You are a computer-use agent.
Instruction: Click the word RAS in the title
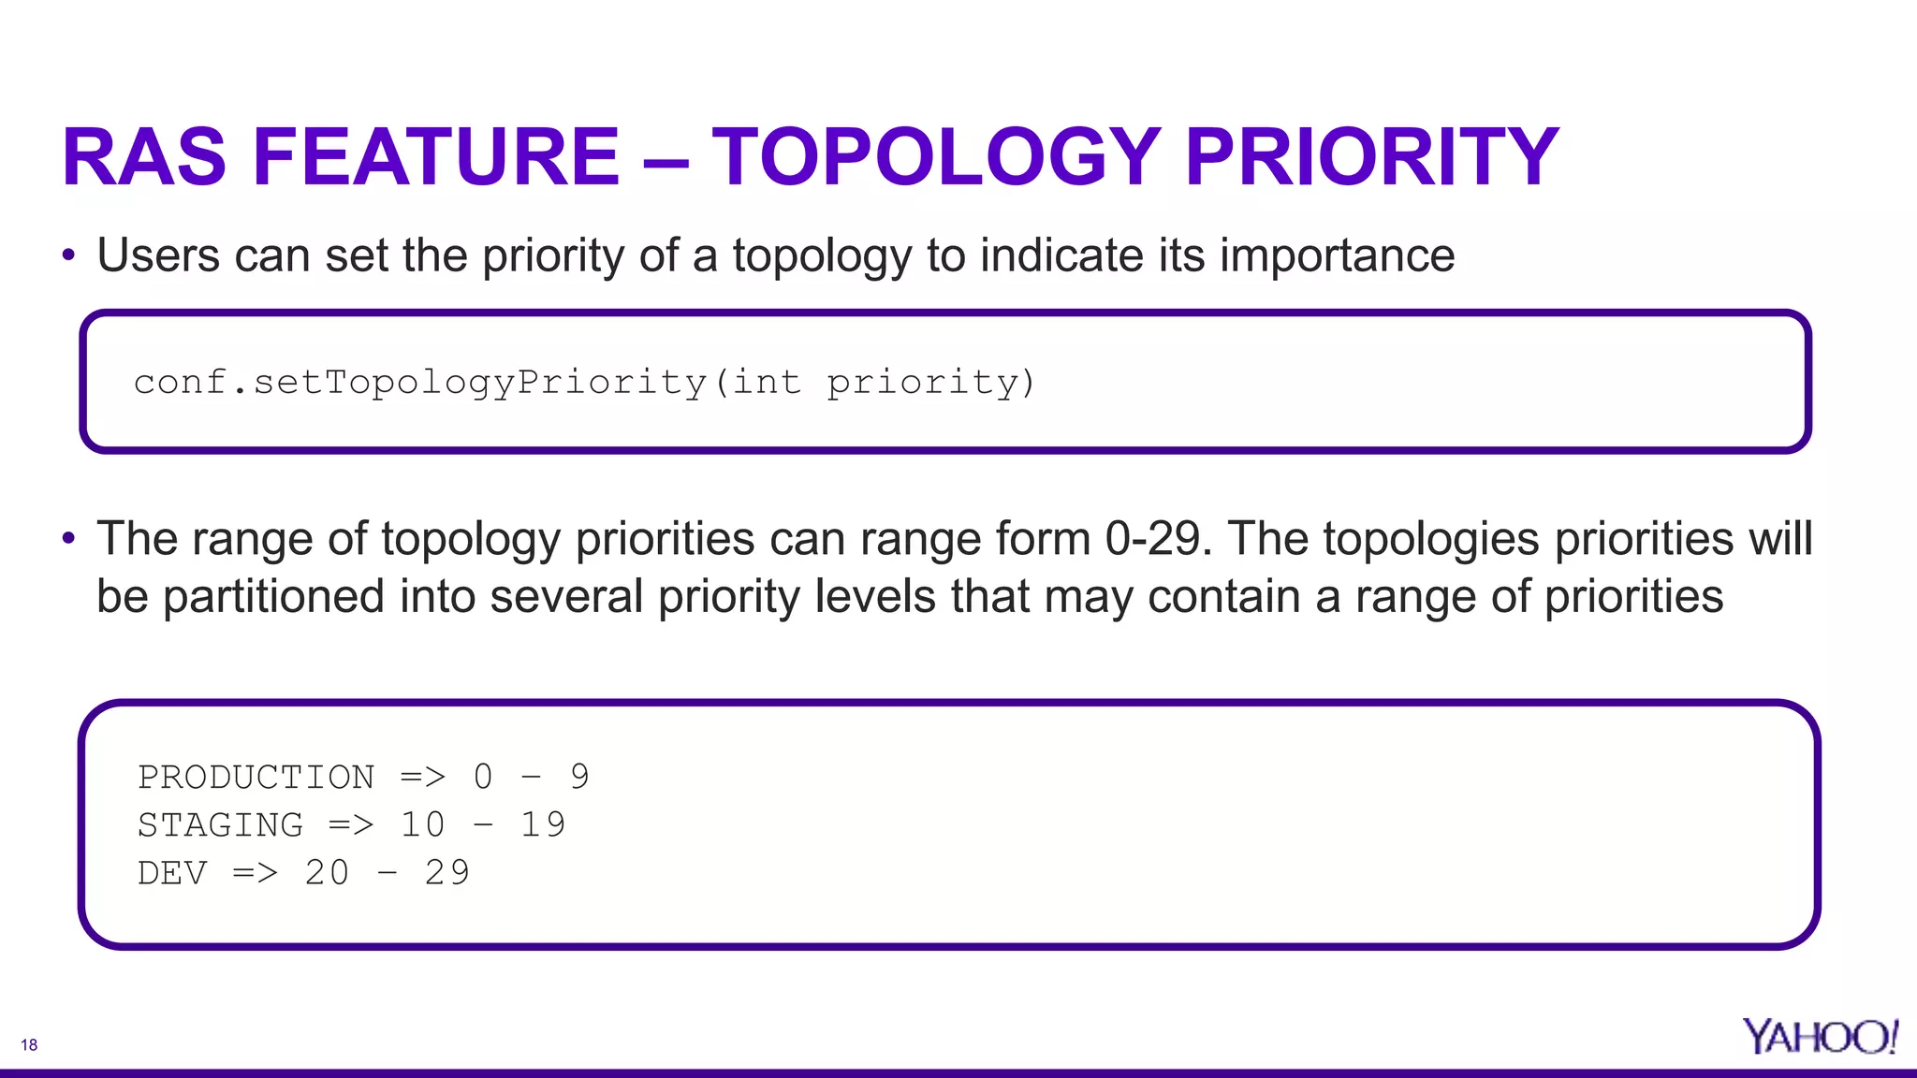(144, 157)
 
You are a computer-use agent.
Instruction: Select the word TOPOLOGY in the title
(936, 157)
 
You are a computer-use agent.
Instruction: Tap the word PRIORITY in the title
(1371, 157)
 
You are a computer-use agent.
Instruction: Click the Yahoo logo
(1819, 1036)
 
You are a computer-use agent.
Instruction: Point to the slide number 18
(29, 1045)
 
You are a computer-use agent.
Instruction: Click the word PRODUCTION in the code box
(256, 777)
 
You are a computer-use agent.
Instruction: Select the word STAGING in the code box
(220, 825)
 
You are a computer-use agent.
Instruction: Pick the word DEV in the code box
(172, 873)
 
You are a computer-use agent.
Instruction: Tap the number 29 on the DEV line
(446, 873)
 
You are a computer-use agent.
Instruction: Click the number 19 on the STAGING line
(542, 825)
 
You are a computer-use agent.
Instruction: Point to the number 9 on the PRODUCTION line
(579, 777)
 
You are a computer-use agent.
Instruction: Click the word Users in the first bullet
(158, 255)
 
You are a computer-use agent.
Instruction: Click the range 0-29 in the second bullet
(1153, 539)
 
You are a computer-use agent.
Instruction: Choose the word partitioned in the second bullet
(273, 597)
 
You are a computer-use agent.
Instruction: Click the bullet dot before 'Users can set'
(67, 255)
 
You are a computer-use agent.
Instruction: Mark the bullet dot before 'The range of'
(67, 538)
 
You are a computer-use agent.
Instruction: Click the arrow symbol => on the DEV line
(255, 873)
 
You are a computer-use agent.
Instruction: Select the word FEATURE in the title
(436, 157)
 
